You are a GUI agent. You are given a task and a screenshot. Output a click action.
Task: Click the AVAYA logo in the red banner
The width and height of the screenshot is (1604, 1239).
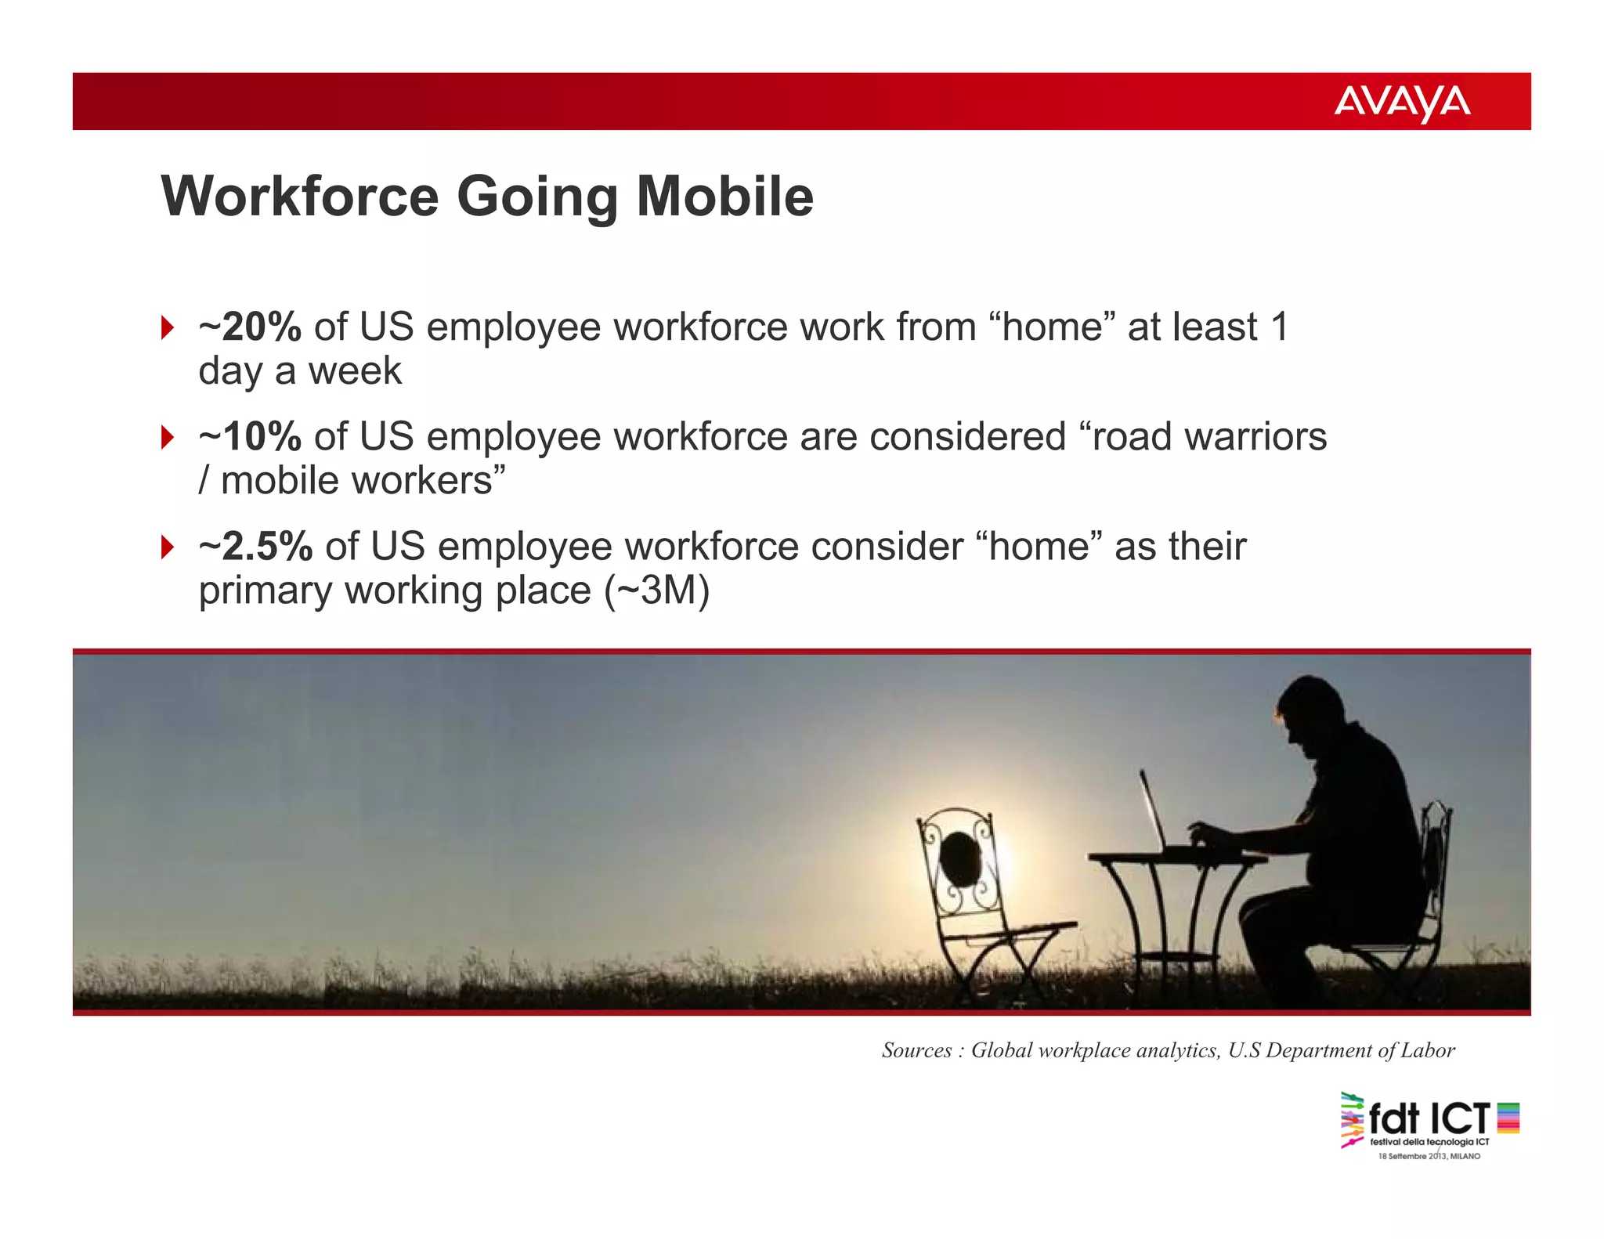click(x=1401, y=103)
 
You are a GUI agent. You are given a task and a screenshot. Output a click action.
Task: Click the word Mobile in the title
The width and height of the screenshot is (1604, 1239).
click(x=724, y=196)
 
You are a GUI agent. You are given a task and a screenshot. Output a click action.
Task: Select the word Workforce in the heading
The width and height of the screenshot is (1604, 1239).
click(x=300, y=196)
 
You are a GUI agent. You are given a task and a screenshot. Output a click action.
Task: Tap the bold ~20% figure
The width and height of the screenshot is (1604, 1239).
click(x=250, y=327)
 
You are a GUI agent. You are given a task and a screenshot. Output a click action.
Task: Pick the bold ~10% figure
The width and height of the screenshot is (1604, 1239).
click(x=250, y=436)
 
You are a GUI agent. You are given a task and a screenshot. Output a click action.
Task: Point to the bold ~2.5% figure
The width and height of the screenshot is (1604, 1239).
click(x=256, y=546)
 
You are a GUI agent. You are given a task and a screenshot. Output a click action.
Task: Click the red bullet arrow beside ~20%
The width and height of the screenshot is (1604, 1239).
click(x=167, y=327)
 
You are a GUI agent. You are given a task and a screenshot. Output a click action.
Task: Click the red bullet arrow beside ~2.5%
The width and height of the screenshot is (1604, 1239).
click(x=167, y=547)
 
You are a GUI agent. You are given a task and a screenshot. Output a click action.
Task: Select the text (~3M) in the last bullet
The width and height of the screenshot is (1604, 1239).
click(x=656, y=591)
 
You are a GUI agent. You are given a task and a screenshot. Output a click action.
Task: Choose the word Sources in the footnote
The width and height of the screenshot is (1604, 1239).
click(x=916, y=1050)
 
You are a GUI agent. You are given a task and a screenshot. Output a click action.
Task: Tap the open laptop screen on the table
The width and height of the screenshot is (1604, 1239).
click(x=1151, y=810)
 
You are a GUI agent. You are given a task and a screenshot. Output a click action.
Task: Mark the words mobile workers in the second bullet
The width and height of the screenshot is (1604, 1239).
click(x=356, y=480)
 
